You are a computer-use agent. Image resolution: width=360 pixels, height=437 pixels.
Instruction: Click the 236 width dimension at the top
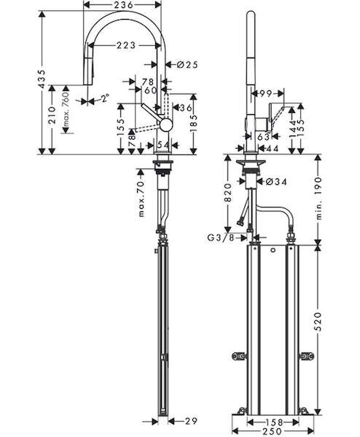click(122, 5)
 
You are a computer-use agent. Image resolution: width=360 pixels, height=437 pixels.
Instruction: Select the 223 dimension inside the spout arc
click(126, 45)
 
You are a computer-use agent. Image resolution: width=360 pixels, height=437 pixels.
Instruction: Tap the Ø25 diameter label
click(187, 65)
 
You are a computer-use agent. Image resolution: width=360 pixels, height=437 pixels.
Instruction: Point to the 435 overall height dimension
click(42, 79)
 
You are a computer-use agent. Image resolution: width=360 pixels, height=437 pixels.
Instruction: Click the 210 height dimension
click(52, 114)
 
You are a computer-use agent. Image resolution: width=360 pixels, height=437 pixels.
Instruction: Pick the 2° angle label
click(105, 98)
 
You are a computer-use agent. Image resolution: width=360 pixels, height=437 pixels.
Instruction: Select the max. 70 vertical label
click(141, 198)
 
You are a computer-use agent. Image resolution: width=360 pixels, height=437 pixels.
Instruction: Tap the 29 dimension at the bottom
click(191, 421)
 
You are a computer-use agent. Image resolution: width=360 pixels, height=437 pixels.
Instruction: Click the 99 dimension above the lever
click(265, 94)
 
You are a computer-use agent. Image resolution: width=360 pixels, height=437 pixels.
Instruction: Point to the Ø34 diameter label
click(276, 181)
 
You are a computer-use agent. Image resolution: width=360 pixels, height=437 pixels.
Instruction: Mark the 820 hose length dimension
click(228, 192)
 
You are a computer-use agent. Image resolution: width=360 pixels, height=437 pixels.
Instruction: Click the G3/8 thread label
click(221, 237)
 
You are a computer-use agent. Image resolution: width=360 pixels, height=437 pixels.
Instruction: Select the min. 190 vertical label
click(318, 198)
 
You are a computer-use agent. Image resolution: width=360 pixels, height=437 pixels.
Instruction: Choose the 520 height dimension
click(318, 321)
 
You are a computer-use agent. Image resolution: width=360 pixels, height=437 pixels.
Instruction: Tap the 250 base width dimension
click(273, 432)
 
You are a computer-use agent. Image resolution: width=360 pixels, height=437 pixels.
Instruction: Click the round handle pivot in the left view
click(166, 125)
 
